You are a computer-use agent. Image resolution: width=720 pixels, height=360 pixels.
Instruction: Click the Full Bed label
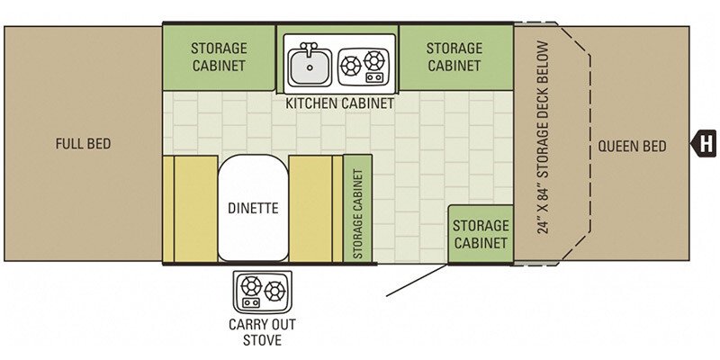pos(82,143)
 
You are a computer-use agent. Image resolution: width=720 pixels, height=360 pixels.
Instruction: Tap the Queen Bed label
pos(632,146)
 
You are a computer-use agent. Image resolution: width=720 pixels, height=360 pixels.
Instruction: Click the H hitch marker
pos(707,142)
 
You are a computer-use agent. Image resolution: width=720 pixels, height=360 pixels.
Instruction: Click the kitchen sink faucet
pos(309,48)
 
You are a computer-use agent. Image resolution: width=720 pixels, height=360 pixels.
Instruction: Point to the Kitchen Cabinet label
pos(340,103)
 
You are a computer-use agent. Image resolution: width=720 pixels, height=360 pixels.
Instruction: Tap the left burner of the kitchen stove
pos(351,64)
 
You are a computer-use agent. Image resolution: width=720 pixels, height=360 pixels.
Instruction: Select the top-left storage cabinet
pos(219,57)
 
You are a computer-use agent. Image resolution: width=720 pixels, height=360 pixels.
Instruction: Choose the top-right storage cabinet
pos(454,57)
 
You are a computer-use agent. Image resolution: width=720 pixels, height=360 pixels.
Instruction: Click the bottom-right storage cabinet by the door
pos(481,234)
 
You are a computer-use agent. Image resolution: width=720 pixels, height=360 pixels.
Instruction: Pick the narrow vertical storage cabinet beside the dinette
pos(357,209)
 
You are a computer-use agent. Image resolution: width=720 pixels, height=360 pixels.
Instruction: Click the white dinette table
pos(253,208)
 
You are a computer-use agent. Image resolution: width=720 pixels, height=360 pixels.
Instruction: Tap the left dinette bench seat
pos(190,208)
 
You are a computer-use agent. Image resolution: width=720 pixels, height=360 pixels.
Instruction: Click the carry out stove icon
pos(262,291)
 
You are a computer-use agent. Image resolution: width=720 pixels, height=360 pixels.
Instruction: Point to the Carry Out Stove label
pos(262,332)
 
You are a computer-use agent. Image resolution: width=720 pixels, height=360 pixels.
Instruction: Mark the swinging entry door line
pos(417,280)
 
